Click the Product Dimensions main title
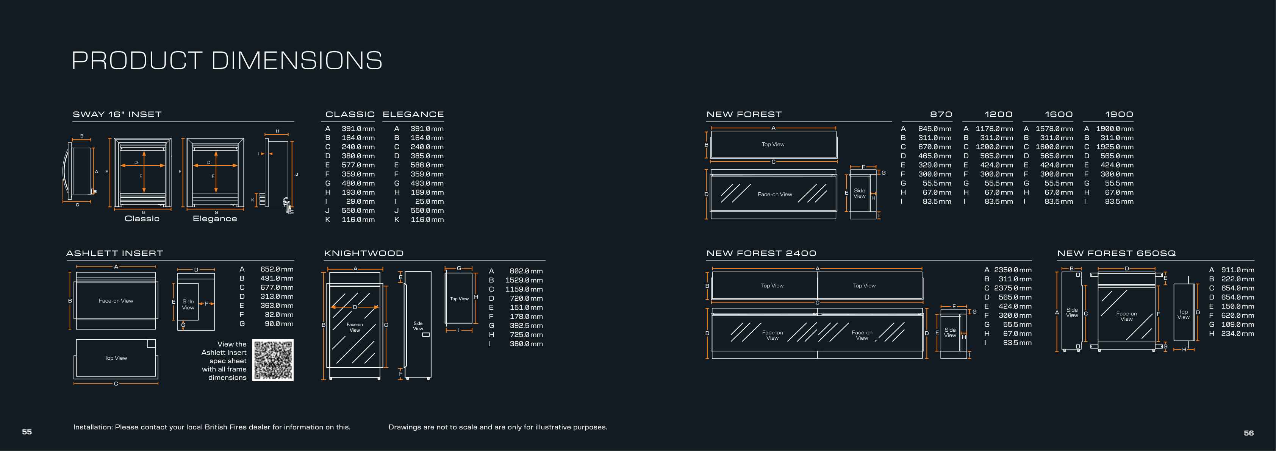click(227, 60)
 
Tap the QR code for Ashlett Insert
click(273, 360)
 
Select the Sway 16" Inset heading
click(117, 114)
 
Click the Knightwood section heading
click(364, 253)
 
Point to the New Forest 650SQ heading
click(1116, 253)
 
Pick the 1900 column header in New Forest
click(1119, 114)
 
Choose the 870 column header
click(941, 114)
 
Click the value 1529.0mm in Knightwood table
click(524, 280)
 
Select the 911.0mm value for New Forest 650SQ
click(1238, 270)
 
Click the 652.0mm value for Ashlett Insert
click(277, 269)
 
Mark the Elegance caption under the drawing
click(215, 219)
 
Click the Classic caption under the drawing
click(142, 219)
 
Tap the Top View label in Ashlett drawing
click(116, 358)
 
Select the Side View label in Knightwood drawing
click(418, 326)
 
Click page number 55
click(27, 432)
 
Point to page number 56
click(1249, 433)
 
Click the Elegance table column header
click(413, 114)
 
